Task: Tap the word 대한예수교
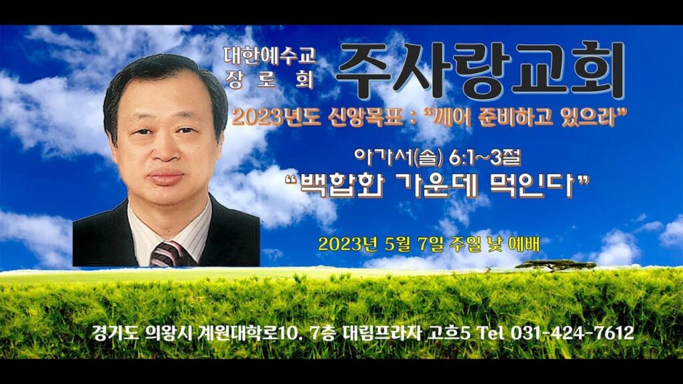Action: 270,55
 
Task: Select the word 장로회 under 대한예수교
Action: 270,80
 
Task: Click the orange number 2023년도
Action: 276,117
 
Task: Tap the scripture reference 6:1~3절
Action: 485,158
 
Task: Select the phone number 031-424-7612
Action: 572,333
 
